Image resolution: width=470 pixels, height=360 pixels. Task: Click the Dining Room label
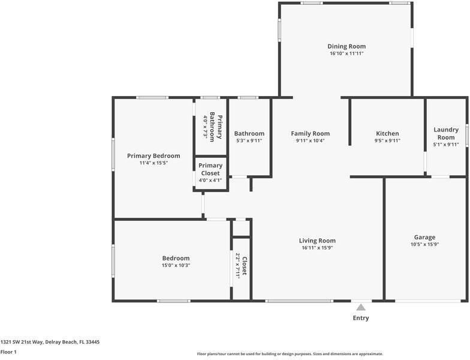tap(346, 46)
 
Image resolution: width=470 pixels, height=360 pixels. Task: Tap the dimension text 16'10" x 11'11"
tap(346, 53)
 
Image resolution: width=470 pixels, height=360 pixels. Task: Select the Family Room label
tap(310, 133)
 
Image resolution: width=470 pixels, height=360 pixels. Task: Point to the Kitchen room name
tap(387, 133)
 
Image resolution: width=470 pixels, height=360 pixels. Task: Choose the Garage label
tap(424, 237)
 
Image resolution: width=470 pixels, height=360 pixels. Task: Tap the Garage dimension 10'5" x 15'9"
tap(424, 244)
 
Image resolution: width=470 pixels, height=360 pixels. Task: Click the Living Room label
tap(317, 241)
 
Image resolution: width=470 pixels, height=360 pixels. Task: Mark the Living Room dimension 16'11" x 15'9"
tap(317, 248)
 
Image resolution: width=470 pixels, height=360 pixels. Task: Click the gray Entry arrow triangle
tap(360, 307)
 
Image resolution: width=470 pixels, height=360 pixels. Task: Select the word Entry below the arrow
tap(361, 318)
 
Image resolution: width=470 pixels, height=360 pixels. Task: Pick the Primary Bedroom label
tap(153, 155)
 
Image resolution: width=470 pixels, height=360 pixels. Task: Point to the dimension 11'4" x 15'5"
tap(153, 163)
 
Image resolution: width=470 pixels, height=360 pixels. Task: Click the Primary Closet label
tap(210, 169)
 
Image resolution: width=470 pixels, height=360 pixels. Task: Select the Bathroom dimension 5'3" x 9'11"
tap(249, 140)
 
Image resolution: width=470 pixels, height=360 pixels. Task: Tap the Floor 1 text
tap(8, 352)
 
